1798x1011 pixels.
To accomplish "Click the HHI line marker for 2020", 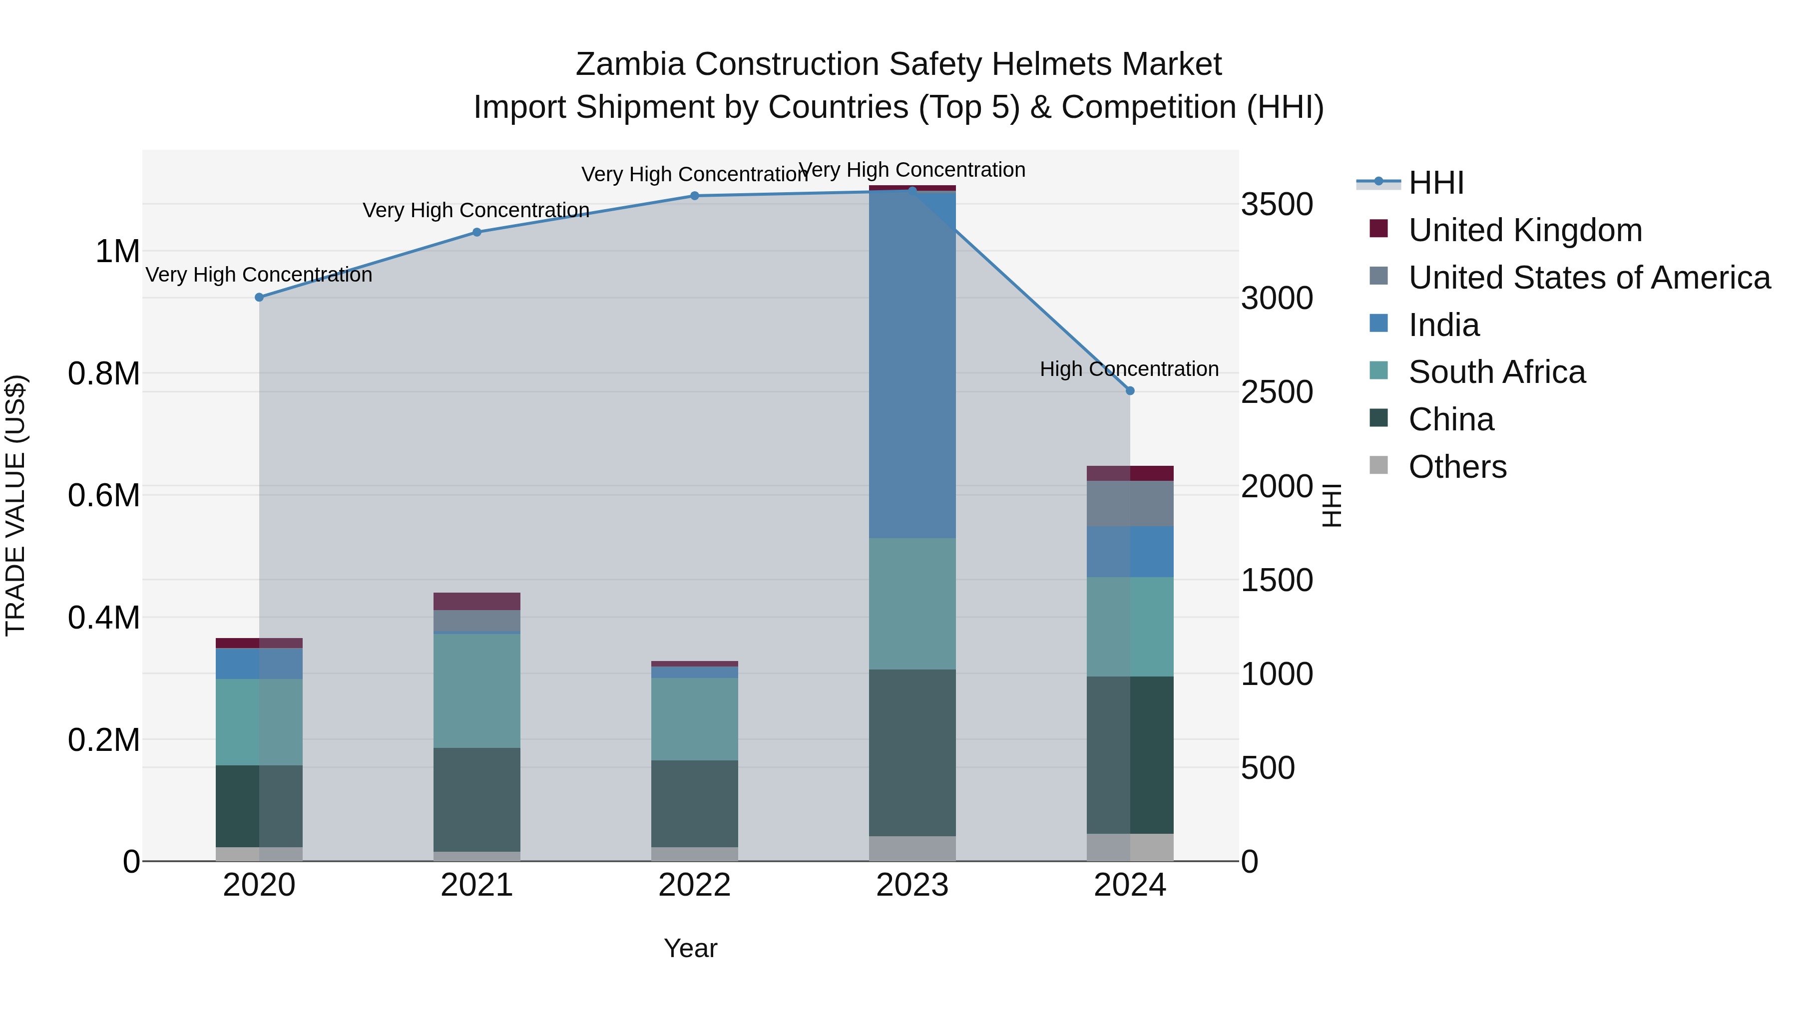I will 259,297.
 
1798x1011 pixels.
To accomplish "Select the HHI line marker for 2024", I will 1130,391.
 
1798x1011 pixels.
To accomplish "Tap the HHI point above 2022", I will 695,196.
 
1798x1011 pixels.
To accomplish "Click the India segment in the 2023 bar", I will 912,363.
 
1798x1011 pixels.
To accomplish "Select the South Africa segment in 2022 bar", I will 695,718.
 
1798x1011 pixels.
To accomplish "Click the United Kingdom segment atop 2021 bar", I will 477,602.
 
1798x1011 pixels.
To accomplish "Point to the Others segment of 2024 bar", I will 1130,847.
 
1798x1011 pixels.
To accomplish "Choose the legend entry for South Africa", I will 1496,372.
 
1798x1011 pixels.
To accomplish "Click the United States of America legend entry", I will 1589,278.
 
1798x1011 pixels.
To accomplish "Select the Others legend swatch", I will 1378,465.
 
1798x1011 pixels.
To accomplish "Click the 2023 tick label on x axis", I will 912,885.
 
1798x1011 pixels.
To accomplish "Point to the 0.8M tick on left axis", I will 104,373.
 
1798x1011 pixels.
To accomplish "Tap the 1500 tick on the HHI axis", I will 1277,580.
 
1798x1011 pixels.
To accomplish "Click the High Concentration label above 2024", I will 1129,368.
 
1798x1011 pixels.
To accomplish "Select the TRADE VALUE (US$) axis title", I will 15,505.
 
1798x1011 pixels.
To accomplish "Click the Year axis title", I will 690,948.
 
